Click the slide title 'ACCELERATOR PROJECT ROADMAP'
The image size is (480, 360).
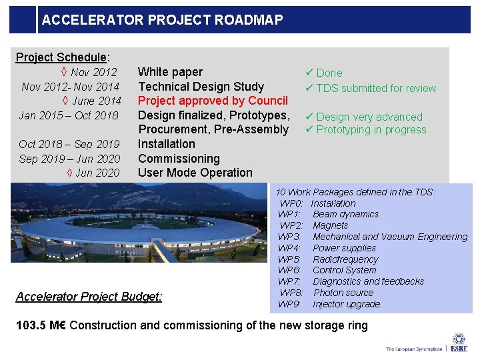point(162,20)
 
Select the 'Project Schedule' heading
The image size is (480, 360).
point(61,57)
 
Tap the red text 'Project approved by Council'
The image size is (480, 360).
point(213,101)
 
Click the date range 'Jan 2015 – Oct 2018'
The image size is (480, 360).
point(69,115)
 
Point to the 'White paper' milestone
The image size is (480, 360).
point(170,72)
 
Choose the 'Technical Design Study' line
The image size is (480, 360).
point(201,87)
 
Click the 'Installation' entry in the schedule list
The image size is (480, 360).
point(167,144)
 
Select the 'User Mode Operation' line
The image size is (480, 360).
point(195,173)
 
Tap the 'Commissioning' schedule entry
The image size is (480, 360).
point(179,159)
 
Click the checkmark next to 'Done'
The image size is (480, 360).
point(309,73)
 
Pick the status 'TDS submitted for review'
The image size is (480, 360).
point(376,88)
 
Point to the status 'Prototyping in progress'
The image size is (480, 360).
point(371,130)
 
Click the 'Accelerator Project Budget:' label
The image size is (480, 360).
point(89,297)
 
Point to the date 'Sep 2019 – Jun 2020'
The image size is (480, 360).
point(69,159)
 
